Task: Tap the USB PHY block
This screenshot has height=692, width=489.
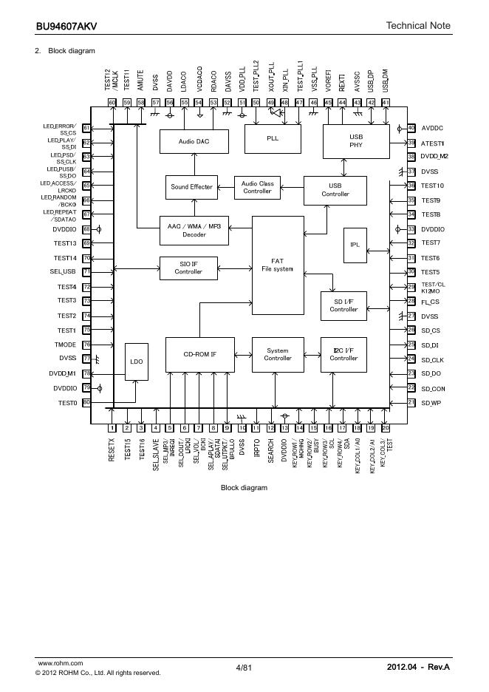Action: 356,140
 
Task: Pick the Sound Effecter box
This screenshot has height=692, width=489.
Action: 191,187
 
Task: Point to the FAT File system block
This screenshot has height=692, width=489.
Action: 278,265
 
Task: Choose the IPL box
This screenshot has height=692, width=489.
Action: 355,245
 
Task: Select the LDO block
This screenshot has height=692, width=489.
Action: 137,362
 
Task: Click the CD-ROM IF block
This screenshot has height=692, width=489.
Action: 199,355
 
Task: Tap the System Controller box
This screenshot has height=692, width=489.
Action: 278,355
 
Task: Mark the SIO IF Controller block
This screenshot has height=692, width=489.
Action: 188,268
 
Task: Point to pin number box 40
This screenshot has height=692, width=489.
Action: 411,129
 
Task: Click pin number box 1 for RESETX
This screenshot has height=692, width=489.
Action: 112,428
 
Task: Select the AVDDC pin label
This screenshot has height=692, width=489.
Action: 432,129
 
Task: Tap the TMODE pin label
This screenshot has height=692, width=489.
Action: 65,345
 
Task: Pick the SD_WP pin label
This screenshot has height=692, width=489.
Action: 431,403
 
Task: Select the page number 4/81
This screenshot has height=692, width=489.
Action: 244,668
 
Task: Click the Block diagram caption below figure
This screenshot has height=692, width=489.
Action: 244,488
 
